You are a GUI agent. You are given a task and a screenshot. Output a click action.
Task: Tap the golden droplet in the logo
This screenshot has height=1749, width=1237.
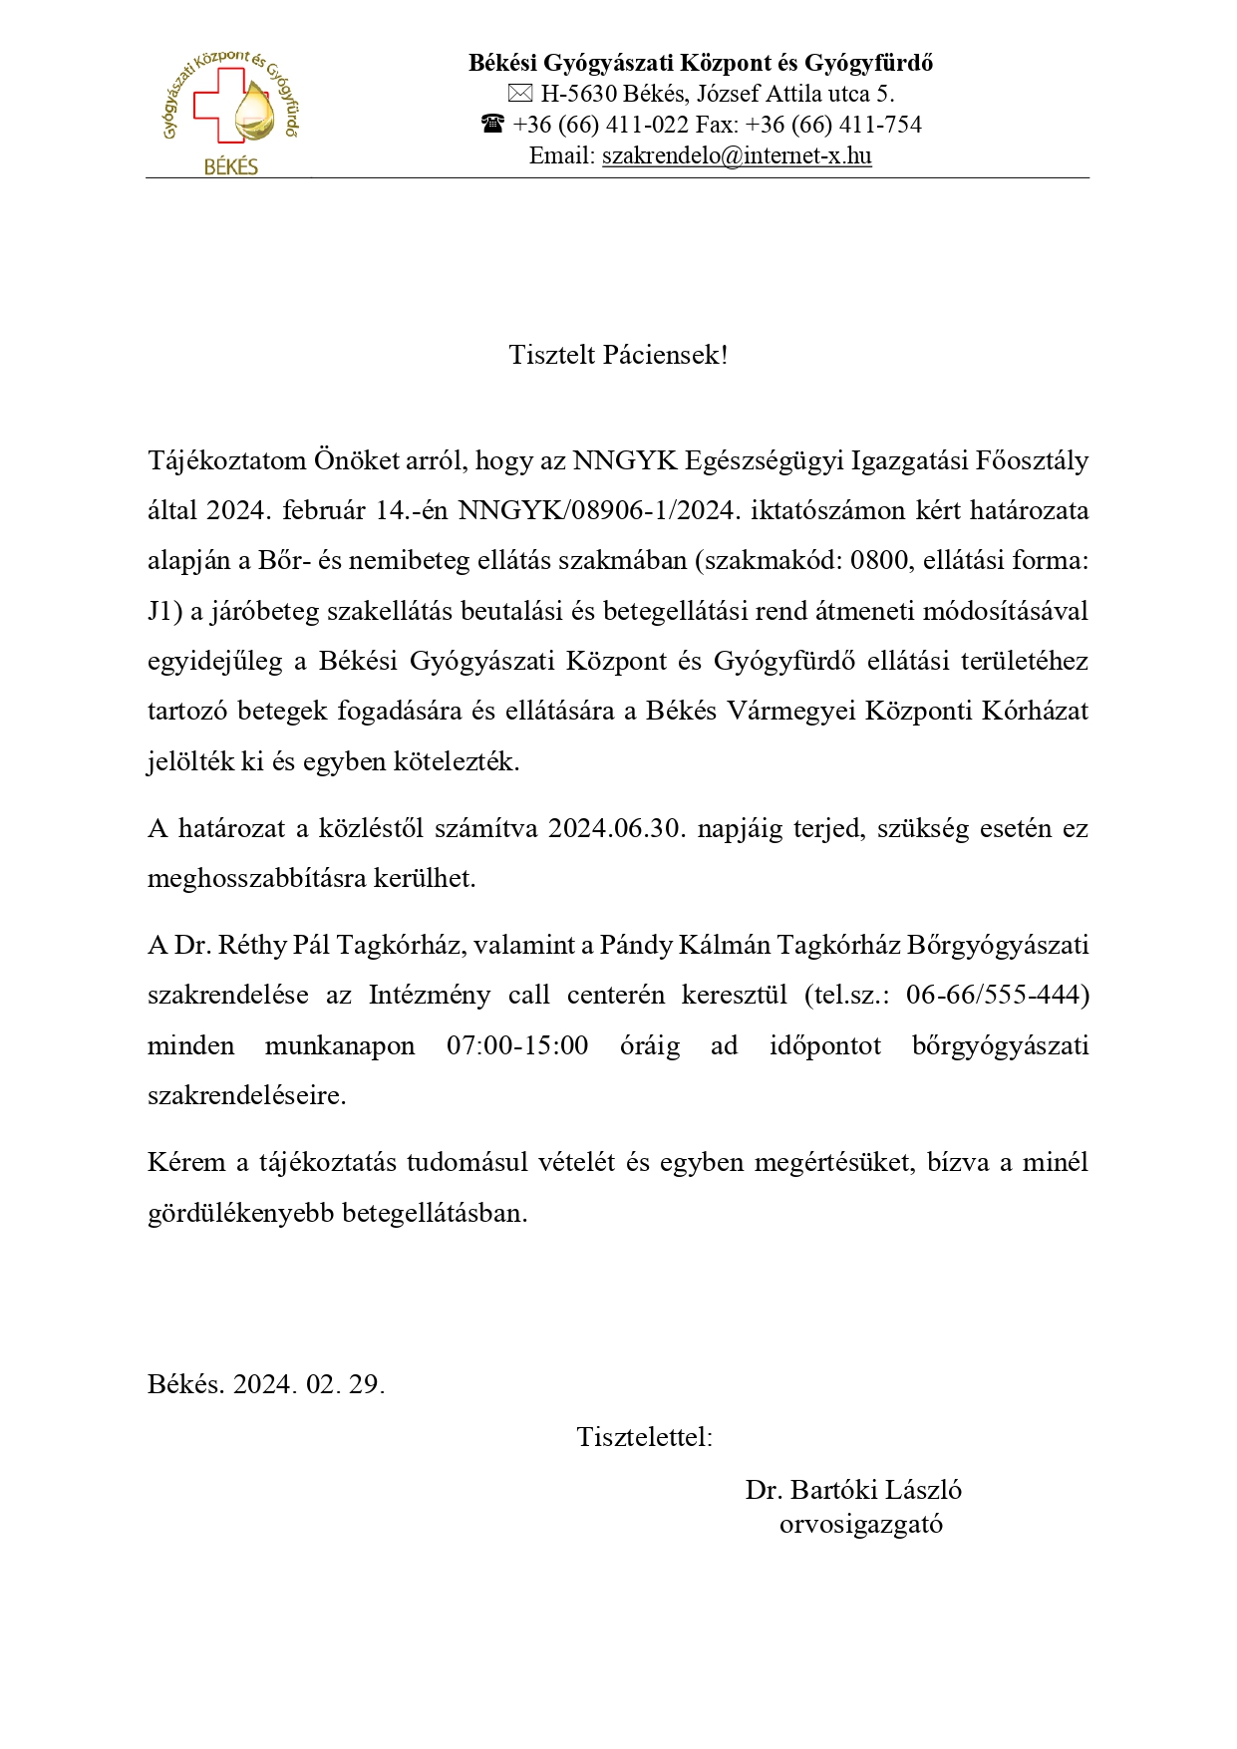(x=253, y=114)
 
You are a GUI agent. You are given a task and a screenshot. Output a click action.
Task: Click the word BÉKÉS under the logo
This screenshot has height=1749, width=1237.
(x=231, y=166)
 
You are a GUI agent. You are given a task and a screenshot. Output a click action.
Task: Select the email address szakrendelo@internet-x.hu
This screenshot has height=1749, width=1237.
(x=737, y=155)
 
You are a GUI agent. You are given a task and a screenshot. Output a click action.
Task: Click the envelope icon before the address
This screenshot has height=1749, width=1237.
(x=520, y=95)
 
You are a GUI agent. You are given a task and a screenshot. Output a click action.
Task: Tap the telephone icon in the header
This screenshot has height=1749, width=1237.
(x=492, y=125)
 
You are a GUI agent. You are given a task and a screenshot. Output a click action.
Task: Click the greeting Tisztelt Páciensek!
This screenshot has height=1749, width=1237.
(x=618, y=355)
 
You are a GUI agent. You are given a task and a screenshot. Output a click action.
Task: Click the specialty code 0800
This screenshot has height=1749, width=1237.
(x=880, y=560)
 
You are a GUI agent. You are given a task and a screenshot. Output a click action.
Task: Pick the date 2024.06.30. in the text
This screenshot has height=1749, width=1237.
(x=617, y=829)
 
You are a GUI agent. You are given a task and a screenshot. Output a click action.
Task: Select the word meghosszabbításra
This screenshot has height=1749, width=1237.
(x=258, y=879)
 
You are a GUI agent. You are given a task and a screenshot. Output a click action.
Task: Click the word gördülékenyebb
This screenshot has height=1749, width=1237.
(x=241, y=1213)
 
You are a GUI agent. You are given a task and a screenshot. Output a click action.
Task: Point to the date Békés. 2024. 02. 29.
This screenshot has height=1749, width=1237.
(x=266, y=1384)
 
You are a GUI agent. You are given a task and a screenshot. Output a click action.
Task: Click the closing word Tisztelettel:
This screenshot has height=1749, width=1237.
(x=644, y=1437)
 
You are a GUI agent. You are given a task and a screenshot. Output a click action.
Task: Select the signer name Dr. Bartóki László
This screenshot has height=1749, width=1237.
(x=853, y=1490)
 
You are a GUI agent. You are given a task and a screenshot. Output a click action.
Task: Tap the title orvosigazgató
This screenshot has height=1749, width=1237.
(x=861, y=1524)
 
